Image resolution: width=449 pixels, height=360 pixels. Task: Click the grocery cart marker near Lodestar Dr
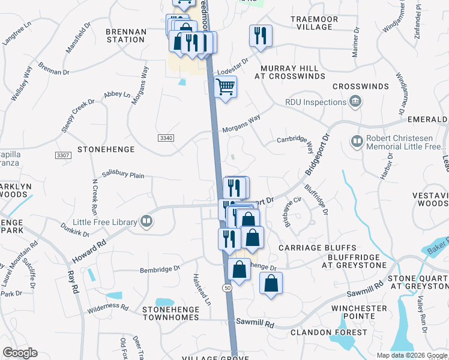click(x=225, y=87)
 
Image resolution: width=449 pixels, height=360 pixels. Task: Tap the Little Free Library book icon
click(x=146, y=222)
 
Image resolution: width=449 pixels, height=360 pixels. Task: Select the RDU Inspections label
click(x=316, y=102)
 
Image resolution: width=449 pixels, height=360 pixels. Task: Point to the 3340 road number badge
click(x=166, y=138)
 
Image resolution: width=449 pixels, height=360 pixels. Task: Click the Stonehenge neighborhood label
click(x=106, y=148)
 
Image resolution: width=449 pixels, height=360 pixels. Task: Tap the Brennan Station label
click(x=125, y=35)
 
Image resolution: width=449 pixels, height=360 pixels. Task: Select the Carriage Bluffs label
click(x=318, y=248)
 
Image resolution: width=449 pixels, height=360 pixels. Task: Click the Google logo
click(x=20, y=353)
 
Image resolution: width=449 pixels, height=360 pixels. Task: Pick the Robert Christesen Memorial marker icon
click(x=356, y=142)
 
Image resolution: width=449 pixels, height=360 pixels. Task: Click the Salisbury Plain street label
click(x=123, y=175)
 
